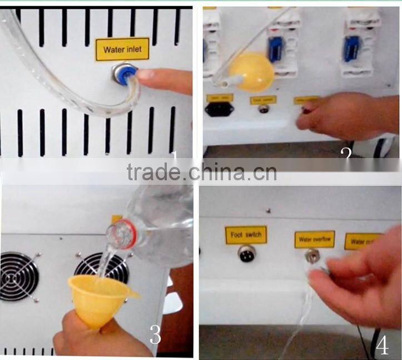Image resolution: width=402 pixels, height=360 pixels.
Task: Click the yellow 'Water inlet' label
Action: point(122,50)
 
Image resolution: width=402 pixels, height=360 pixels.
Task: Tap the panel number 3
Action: point(156,335)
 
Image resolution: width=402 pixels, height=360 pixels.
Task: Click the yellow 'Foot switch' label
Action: point(246,235)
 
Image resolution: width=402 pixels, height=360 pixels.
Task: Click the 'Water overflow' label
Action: point(314,240)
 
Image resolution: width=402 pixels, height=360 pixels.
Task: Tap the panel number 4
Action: point(382,345)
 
